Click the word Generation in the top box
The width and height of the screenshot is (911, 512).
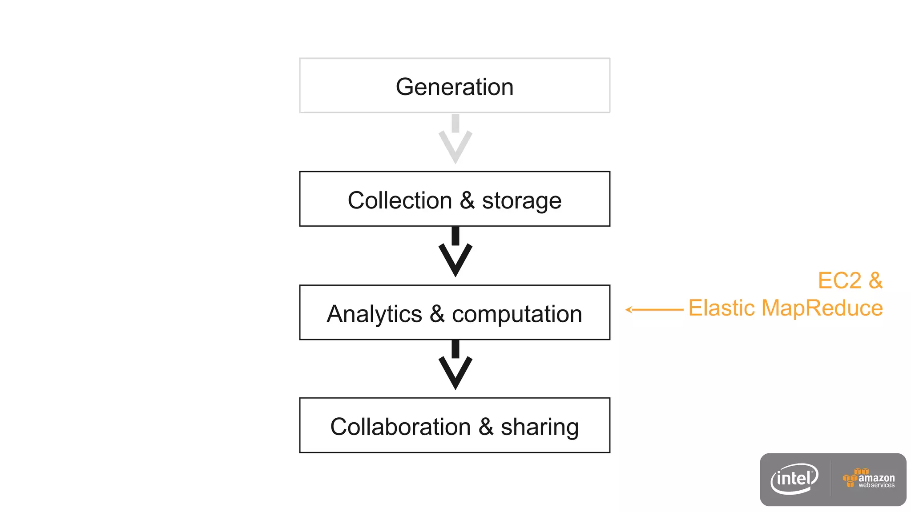[454, 87]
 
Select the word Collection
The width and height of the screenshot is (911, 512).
[399, 200]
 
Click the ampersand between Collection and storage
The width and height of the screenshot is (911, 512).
[467, 200]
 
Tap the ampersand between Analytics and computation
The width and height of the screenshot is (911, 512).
[437, 314]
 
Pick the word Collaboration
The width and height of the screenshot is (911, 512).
[400, 427]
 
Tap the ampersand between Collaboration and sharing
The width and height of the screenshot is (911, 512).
[486, 427]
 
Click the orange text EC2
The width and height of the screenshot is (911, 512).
[839, 280]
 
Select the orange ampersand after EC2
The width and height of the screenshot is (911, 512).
[875, 280]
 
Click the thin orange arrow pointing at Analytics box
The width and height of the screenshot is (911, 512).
[654, 309]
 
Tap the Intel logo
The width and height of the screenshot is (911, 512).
[794, 479]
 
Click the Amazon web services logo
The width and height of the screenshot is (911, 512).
[869, 479]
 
